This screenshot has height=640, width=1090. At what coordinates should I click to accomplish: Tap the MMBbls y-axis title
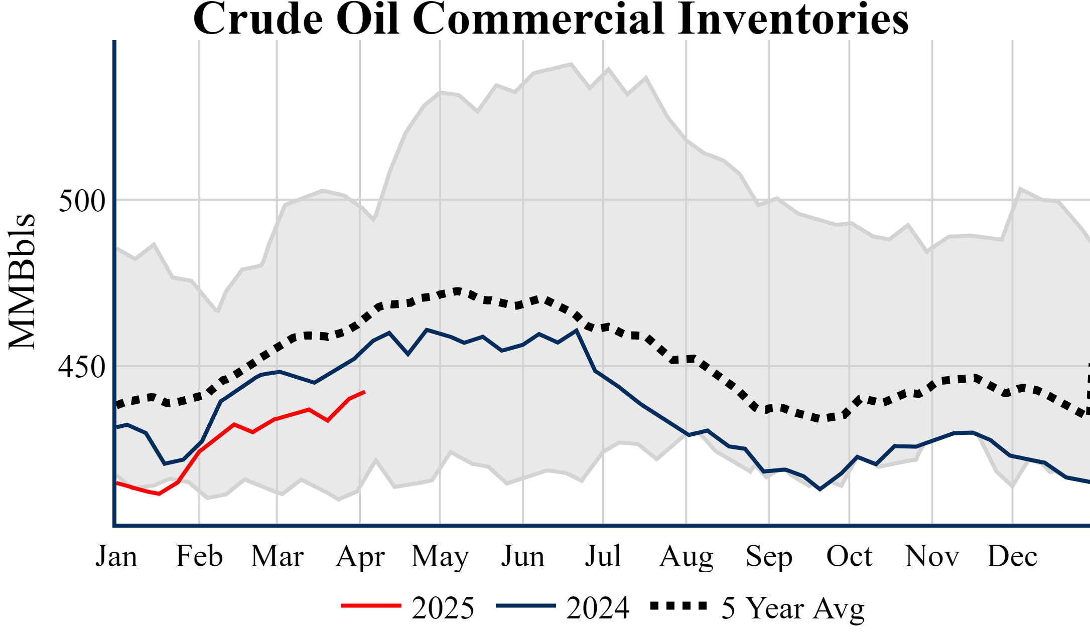tap(23, 282)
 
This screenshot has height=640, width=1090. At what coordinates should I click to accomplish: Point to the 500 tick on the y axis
tap(82, 201)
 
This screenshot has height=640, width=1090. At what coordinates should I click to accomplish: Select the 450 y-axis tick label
tap(82, 367)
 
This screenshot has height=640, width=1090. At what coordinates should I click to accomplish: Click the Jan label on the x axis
tap(116, 556)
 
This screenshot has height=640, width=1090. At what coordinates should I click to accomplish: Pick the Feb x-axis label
tap(199, 556)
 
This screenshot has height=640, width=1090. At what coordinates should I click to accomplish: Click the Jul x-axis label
tap(603, 556)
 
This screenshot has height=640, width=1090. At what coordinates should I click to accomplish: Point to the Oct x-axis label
tap(849, 556)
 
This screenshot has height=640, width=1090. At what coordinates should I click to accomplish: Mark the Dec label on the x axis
tap(1012, 556)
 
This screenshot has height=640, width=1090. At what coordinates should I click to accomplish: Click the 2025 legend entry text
tap(443, 608)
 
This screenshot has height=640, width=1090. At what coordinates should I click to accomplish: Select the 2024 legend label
tap(598, 608)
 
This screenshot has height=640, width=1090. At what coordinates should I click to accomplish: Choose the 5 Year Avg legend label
tap(793, 608)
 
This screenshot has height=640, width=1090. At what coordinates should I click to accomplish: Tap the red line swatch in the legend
tap(371, 606)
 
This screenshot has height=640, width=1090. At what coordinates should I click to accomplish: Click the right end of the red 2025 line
tap(364, 392)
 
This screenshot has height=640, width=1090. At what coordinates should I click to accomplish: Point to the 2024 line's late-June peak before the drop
tap(577, 330)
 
